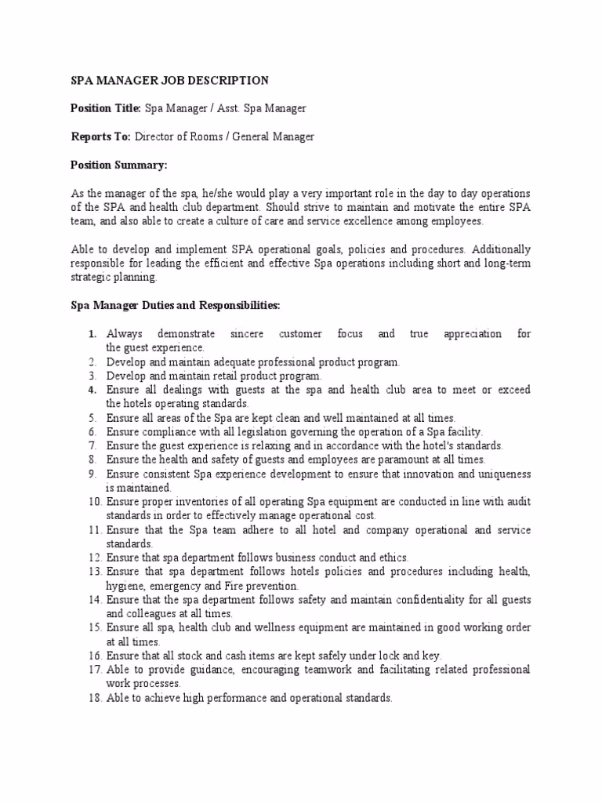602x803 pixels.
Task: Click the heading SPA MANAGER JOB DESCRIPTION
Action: [x=169, y=80]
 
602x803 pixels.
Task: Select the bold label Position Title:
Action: [x=106, y=108]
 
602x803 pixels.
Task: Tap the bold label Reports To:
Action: [x=100, y=136]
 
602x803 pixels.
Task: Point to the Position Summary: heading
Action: [x=118, y=165]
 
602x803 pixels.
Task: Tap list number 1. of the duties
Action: [x=92, y=334]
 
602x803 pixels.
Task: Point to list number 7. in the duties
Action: [x=92, y=446]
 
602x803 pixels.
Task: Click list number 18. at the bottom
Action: [x=95, y=698]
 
